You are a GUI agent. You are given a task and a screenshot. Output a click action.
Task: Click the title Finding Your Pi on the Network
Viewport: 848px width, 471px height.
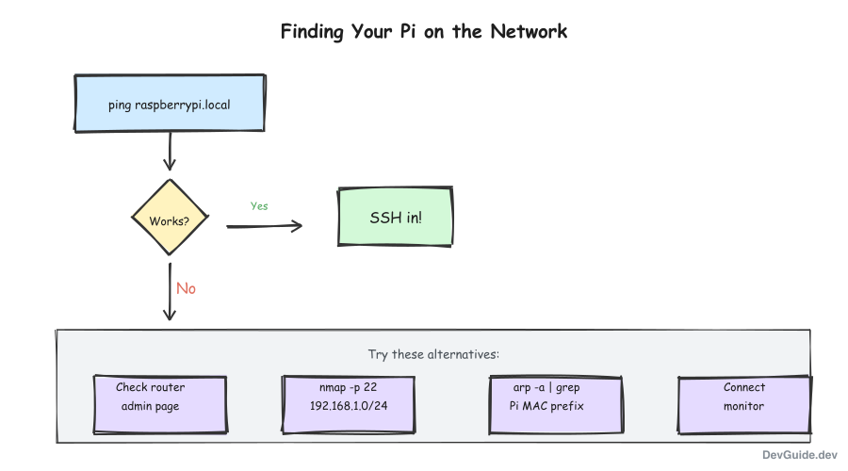(424, 31)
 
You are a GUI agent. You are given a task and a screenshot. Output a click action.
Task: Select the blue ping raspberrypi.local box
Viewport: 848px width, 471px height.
(169, 105)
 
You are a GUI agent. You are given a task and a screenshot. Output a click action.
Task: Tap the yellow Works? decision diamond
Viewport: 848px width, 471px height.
(169, 221)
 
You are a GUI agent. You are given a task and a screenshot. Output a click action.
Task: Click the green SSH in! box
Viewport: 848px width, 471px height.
(395, 217)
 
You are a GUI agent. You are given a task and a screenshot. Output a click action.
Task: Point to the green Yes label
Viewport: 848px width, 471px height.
(259, 205)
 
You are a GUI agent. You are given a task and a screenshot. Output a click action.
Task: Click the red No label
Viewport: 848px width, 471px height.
(186, 288)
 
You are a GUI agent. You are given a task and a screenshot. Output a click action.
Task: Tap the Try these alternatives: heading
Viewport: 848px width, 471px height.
(432, 355)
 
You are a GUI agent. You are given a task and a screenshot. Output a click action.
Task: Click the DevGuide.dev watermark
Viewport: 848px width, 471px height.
(799, 454)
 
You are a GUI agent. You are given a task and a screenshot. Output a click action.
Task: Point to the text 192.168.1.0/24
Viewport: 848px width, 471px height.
(349, 406)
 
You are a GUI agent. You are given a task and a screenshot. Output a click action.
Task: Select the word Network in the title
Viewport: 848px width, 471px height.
(529, 31)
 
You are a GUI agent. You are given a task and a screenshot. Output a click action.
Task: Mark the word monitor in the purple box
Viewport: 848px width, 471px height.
(744, 406)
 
